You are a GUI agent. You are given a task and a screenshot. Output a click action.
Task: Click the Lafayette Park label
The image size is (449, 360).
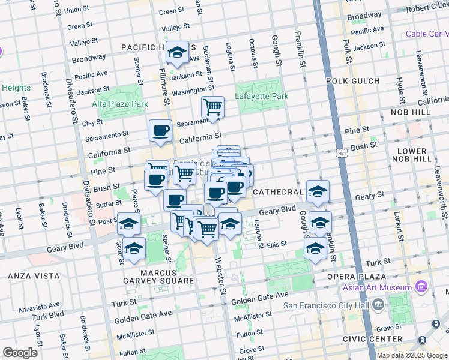pos(262,96)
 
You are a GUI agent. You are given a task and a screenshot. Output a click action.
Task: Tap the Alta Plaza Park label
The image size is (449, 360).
pos(120,104)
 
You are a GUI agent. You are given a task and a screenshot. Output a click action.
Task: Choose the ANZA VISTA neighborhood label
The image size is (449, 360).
pos(34,276)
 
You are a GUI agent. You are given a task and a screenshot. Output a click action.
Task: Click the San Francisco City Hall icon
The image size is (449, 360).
pos(378,304)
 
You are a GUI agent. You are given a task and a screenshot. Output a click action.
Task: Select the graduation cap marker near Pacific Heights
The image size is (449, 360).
pos(177,53)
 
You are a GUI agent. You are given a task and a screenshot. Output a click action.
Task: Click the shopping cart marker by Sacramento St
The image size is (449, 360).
pos(212,107)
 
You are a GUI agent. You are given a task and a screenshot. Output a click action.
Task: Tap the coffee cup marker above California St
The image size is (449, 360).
pos(160,130)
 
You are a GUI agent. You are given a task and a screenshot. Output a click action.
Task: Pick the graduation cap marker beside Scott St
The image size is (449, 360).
pos(134,248)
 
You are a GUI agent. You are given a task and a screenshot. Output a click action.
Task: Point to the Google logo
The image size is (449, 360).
pos(20,352)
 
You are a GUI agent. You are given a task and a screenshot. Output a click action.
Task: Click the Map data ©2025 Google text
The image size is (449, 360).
pos(412,355)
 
